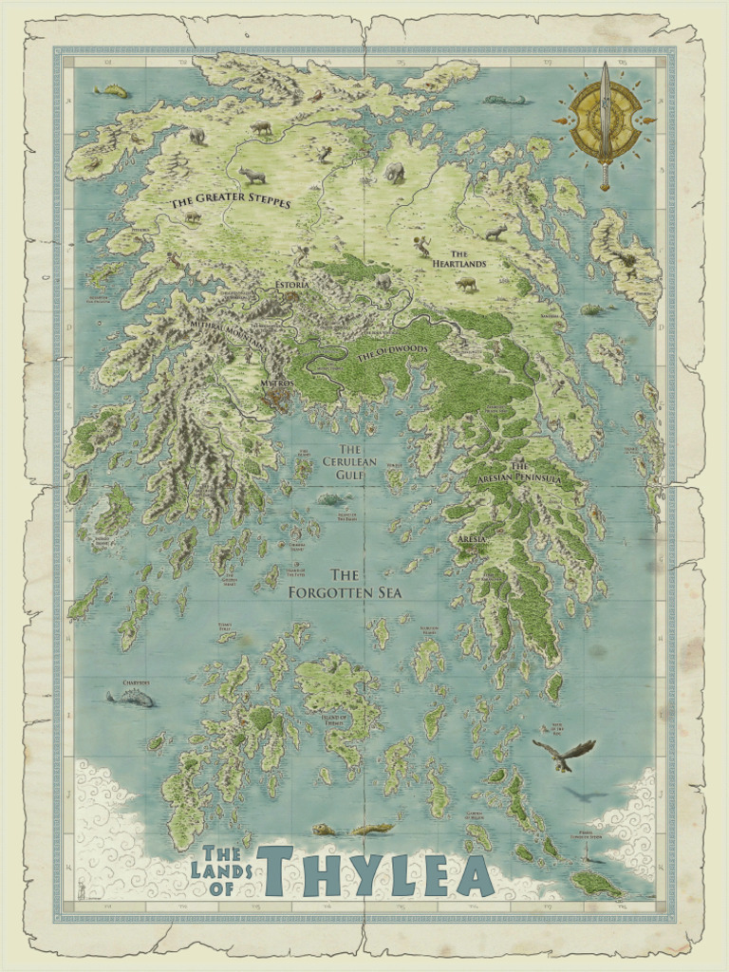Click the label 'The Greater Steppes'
(x=231, y=202)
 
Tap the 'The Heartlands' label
(x=467, y=259)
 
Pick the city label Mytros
(x=275, y=383)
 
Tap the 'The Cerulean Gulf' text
(x=350, y=461)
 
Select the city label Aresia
(x=472, y=539)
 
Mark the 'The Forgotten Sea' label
(x=346, y=584)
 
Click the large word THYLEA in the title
(x=376, y=870)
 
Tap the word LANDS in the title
(x=221, y=869)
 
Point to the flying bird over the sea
(x=564, y=754)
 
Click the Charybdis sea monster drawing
(x=131, y=699)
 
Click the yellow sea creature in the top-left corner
(x=112, y=91)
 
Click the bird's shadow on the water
(x=586, y=794)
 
